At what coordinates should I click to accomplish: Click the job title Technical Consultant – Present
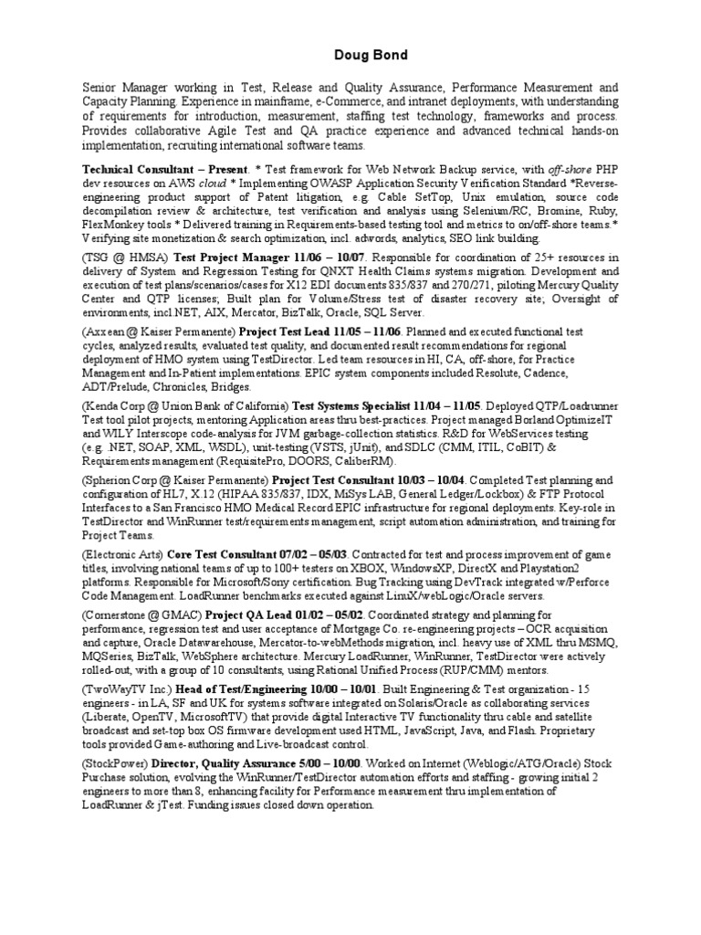[x=164, y=170]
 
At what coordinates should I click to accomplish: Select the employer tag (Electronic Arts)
[x=121, y=553]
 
